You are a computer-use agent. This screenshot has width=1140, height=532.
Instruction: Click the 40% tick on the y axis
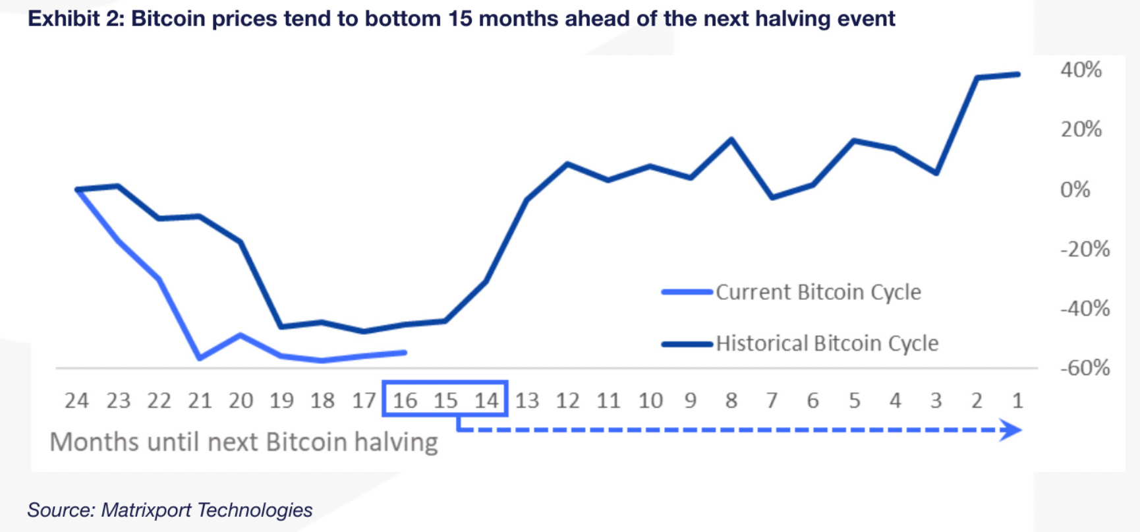coord(1081,70)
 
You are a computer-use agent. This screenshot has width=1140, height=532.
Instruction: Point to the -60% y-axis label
coord(1085,368)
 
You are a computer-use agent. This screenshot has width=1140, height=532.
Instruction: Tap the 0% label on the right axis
coord(1075,190)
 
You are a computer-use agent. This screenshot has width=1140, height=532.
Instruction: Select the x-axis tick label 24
coord(76,400)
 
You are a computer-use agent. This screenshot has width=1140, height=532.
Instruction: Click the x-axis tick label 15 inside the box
coord(445,400)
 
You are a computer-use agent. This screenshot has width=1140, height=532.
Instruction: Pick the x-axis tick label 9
coord(690,400)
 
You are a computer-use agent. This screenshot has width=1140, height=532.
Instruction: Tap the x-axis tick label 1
coord(1017,400)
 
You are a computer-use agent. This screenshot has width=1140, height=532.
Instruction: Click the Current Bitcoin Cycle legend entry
coord(818,292)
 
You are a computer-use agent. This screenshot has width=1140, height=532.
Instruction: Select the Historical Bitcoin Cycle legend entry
coord(826,343)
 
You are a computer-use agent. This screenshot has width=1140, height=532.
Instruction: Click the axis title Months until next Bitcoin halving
coord(244,442)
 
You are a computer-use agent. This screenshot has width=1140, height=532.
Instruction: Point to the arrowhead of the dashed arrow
coord(1011,430)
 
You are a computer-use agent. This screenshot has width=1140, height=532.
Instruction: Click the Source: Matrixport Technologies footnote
coord(170,510)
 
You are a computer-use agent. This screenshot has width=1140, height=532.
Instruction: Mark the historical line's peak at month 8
coord(731,139)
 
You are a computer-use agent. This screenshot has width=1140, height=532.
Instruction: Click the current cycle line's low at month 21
coord(200,358)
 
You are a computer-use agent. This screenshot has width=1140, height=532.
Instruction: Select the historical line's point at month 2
coord(977,78)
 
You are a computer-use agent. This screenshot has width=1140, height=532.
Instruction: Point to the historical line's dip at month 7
coord(772,196)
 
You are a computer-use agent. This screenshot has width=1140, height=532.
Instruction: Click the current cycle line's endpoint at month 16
coord(405,353)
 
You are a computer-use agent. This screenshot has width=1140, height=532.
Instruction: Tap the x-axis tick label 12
coord(567,400)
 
